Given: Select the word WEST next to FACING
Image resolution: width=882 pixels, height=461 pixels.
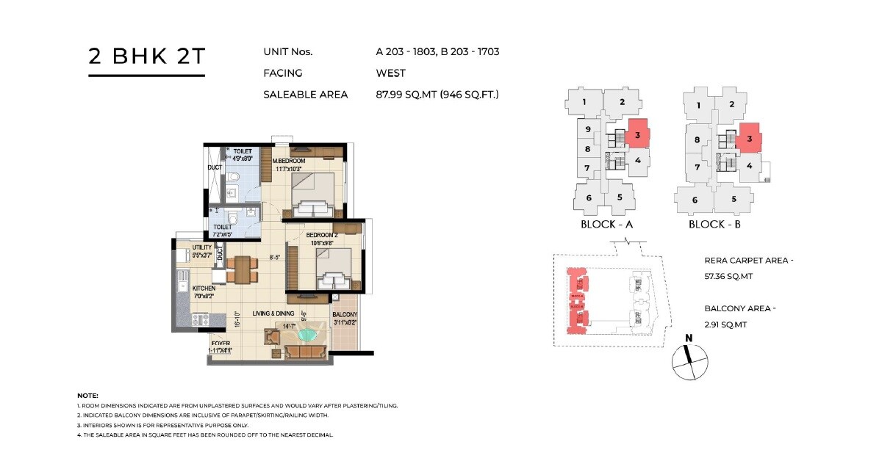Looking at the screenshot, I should pyautogui.click(x=390, y=73).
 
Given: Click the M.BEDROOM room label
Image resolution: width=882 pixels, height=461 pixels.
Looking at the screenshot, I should pyautogui.click(x=289, y=161).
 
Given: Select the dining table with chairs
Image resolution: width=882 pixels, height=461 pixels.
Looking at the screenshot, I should pyautogui.click(x=242, y=269).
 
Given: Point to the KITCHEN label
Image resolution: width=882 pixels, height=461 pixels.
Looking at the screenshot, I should pyautogui.click(x=204, y=289).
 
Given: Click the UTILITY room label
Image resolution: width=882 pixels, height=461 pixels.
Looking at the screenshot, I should pyautogui.click(x=202, y=247).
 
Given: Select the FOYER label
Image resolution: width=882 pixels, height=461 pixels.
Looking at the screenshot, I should pyautogui.click(x=221, y=343).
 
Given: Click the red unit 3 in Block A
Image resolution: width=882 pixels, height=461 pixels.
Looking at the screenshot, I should pyautogui.click(x=638, y=134).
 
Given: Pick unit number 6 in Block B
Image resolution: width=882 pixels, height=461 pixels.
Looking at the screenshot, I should pyautogui.click(x=695, y=199).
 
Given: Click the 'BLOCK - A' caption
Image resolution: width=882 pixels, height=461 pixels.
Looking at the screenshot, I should pyautogui.click(x=607, y=224).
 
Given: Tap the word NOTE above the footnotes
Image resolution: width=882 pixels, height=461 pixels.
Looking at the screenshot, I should pyautogui.click(x=87, y=396).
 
